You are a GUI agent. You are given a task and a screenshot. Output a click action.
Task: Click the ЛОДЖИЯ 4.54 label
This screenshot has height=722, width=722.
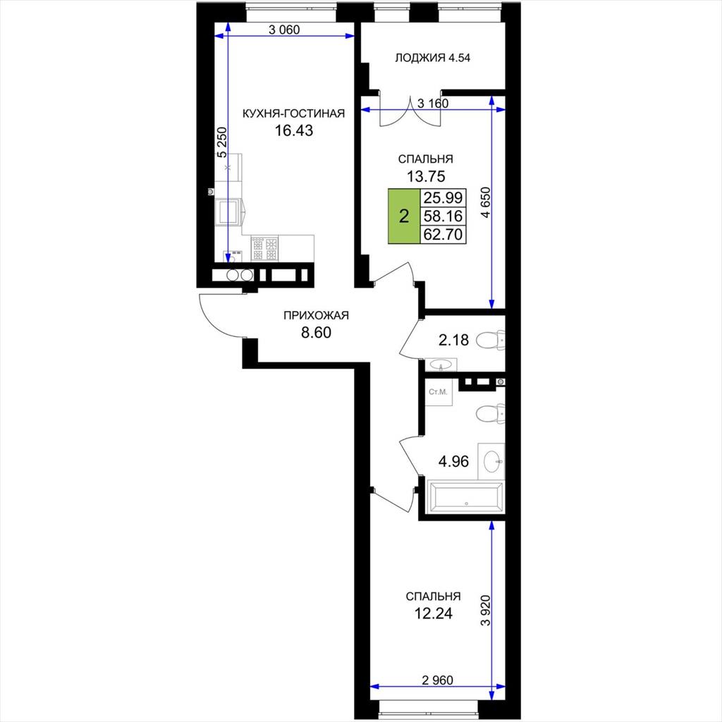tap(432, 58)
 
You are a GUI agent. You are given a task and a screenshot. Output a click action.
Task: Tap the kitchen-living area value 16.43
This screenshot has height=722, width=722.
tap(294, 130)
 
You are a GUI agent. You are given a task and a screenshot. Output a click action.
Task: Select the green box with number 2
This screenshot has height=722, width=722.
tap(404, 216)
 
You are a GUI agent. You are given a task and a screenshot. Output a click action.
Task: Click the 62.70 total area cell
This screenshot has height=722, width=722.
tap(443, 234)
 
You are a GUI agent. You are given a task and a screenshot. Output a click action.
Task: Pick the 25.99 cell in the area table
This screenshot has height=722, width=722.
tap(443, 198)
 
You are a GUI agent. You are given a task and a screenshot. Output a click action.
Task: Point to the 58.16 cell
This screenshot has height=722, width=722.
tap(443, 216)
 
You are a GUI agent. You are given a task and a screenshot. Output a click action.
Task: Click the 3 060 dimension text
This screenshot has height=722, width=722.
tap(284, 30)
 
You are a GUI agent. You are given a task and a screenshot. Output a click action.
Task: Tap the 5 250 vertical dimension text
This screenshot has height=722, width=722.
tap(222, 142)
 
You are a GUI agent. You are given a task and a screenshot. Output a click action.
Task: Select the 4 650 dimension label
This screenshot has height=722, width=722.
tap(486, 203)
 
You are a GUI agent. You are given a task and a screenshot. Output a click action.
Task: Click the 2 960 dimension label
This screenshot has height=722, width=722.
tap(437, 680)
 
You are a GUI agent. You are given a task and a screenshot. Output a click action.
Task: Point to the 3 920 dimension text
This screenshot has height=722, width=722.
tap(485, 610)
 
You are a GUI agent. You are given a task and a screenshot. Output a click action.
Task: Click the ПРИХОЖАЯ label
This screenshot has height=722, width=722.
tap(316, 315)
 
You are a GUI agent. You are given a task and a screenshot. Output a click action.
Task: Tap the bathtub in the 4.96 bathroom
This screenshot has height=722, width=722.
tap(466, 497)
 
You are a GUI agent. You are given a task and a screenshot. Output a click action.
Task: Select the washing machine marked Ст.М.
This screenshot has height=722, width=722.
tap(439, 392)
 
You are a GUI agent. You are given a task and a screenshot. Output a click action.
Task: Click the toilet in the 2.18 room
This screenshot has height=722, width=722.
tap(491, 341)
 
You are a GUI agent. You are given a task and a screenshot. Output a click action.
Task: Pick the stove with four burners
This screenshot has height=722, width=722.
tap(265, 249)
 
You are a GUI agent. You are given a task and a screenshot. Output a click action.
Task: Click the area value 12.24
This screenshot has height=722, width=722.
tap(433, 613)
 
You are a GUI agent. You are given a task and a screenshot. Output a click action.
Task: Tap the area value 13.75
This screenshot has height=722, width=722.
tap(426, 176)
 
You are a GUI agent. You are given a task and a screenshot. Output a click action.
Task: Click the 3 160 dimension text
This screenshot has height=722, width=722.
tap(433, 104)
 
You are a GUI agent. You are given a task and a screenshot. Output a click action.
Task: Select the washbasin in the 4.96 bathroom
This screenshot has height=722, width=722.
tap(491, 461)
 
